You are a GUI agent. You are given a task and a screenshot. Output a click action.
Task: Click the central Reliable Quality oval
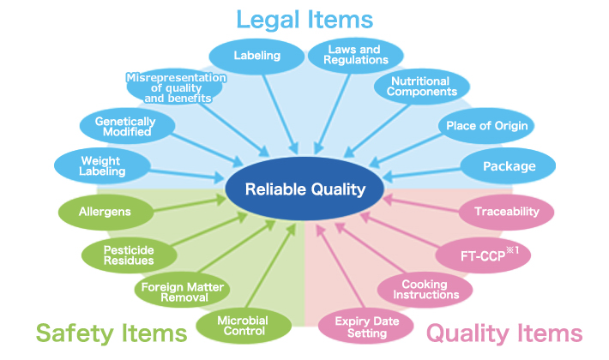[304, 189]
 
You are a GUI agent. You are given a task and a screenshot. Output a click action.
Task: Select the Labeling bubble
[257, 57]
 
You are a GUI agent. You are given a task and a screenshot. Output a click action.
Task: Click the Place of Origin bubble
[485, 126]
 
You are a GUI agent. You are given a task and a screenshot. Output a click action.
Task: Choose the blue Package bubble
[509, 166]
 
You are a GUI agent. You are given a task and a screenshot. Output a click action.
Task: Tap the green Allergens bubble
[102, 210]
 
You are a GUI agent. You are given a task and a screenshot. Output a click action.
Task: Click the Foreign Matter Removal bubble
[184, 291]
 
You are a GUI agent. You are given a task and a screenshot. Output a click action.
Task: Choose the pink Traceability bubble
[506, 210]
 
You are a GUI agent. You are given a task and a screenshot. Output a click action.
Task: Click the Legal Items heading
[304, 18]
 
